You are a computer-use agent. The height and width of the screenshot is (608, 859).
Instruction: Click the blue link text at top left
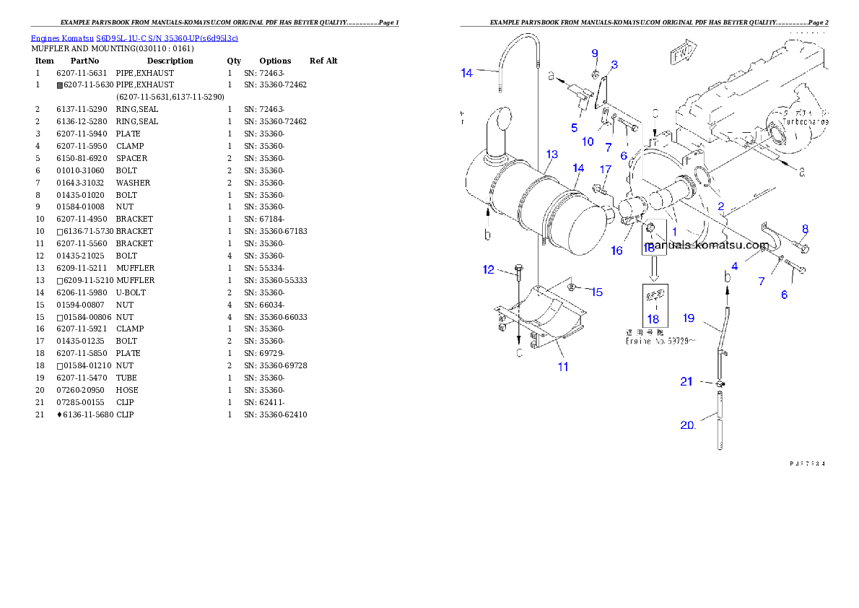[x=134, y=38]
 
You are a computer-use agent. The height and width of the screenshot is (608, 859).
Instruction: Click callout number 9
[x=595, y=53]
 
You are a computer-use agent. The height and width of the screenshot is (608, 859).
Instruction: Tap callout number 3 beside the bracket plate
[x=614, y=65]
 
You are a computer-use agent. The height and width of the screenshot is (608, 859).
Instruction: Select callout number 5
[x=574, y=128]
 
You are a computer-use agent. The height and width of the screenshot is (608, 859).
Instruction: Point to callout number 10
[x=588, y=142]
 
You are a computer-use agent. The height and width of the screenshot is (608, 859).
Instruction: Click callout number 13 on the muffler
[x=551, y=155]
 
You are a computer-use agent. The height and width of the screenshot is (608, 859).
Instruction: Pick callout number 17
[x=605, y=169]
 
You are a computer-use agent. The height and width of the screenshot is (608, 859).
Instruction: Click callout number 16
[x=616, y=251]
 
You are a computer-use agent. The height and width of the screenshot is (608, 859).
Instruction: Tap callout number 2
[x=720, y=206]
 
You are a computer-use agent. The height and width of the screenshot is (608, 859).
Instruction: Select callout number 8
[x=805, y=230]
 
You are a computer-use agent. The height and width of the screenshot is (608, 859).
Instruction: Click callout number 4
[x=734, y=266]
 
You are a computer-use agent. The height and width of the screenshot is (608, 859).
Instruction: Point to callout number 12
[x=489, y=269]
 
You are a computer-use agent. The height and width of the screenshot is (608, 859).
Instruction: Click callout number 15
[x=596, y=292]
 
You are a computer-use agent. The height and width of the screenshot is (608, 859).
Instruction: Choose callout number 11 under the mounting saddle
[x=562, y=366]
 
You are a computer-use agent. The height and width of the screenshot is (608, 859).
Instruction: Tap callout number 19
[x=688, y=318]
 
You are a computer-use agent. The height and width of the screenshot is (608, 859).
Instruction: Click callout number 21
[x=686, y=381]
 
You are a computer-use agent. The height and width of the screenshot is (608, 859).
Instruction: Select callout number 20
[x=688, y=425]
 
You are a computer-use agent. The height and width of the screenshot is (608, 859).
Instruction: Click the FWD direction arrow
[x=681, y=53]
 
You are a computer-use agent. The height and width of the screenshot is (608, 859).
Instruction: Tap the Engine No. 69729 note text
[x=660, y=341]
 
